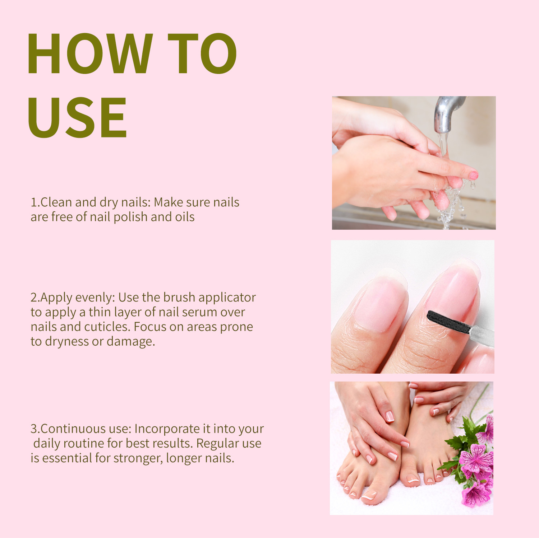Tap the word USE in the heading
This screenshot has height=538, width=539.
pos(77,117)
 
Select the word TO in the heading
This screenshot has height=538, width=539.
pos(202,53)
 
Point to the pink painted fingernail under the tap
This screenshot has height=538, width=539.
pos(474,175)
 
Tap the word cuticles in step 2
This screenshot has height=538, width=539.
pos(107,327)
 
